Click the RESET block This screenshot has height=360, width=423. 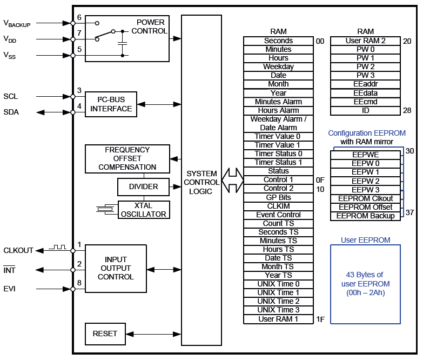[x=105, y=334]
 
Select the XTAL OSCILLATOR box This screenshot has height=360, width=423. [x=144, y=210]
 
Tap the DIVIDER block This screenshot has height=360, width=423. [x=144, y=187]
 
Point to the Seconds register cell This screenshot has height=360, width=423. [x=278, y=41]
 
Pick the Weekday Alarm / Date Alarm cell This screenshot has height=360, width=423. [x=278, y=123]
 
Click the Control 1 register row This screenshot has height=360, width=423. [x=278, y=180]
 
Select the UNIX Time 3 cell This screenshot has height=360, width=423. [x=278, y=310]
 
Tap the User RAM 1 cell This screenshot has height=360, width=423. [x=278, y=319]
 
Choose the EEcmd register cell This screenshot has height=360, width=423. [x=366, y=102]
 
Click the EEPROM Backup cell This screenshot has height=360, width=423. [x=366, y=216]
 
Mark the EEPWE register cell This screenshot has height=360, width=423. [x=366, y=155]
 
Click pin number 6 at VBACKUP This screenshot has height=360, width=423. [x=79, y=18]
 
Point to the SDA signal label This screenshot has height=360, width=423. [x=11, y=112]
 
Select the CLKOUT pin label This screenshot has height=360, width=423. [x=18, y=250]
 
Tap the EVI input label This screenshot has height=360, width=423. [x=10, y=289]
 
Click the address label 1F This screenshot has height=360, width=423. [x=320, y=319]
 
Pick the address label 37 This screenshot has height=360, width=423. [x=409, y=212]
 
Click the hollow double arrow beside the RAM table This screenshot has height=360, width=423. [x=233, y=180]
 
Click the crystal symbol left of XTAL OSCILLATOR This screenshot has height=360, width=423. [x=106, y=209]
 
